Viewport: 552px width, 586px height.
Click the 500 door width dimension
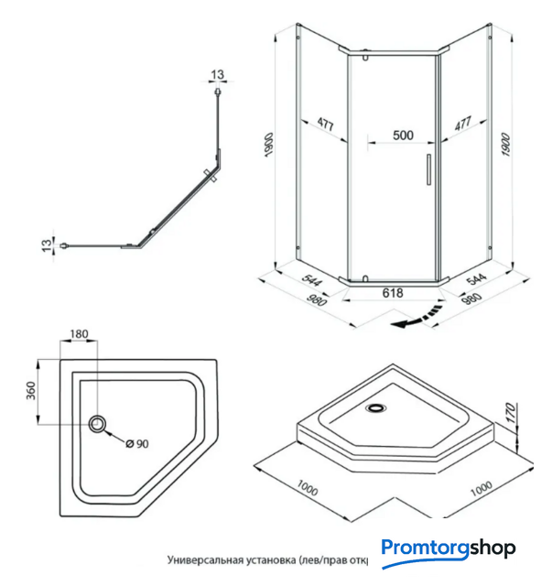[403, 135]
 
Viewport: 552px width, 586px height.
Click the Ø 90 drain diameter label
[136, 443]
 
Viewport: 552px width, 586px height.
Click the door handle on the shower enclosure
[426, 170]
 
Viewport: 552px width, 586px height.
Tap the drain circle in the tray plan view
[98, 423]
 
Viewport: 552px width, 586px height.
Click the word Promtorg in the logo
[425, 549]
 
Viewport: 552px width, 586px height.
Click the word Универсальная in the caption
[207, 559]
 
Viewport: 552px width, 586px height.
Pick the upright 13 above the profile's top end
[217, 73]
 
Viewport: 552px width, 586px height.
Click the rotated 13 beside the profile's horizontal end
[46, 244]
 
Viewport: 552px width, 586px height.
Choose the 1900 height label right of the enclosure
[506, 144]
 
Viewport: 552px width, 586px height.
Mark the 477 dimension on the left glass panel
[325, 123]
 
